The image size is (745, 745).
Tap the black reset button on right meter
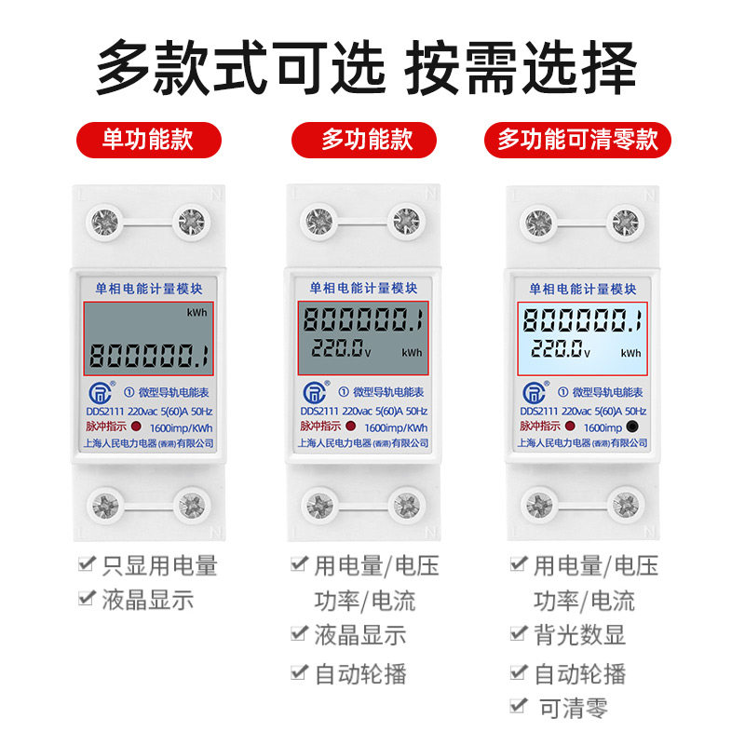[632, 427]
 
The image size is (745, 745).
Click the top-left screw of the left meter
[102, 223]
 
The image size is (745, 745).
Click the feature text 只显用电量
[159, 565]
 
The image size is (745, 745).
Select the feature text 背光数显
[579, 635]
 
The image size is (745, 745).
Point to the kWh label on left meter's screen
[196, 313]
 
